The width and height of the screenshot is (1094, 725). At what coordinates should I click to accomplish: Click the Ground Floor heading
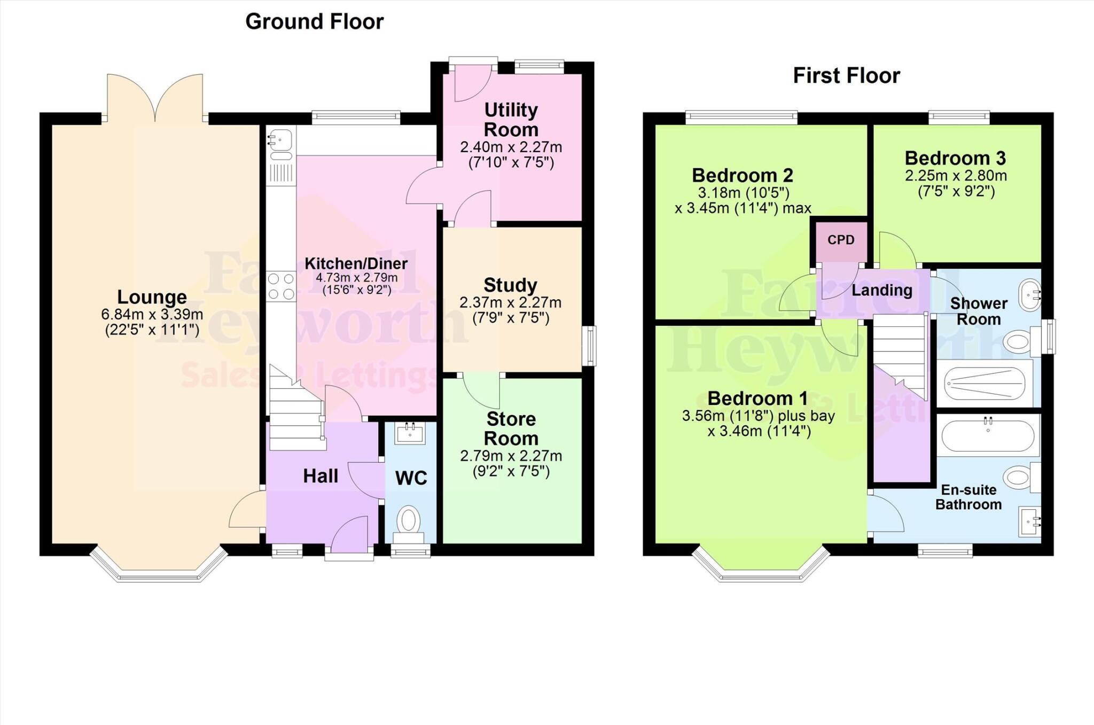point(314,22)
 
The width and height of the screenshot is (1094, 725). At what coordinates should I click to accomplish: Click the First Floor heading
point(846,75)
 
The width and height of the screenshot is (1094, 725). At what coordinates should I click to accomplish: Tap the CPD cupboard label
point(841,240)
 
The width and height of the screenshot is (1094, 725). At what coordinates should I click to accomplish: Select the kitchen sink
point(280,141)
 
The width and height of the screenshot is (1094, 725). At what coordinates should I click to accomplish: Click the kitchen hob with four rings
point(281,286)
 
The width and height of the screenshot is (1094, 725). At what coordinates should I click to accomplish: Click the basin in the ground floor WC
point(410,433)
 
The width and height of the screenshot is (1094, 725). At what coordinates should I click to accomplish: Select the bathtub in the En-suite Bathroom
point(988,435)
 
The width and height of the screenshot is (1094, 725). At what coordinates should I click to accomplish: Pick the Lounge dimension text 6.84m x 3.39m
point(152,315)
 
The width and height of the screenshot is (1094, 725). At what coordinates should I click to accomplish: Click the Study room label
point(510,285)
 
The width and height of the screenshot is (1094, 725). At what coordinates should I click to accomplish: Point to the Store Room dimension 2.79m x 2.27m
point(511,456)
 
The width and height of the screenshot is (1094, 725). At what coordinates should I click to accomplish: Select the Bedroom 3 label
point(955,158)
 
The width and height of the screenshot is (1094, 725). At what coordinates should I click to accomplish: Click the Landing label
point(881,290)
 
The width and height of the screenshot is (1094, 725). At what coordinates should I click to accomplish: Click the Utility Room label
point(511,120)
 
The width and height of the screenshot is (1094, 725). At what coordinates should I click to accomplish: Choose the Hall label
point(321,476)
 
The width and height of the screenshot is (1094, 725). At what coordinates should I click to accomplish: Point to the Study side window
point(590,346)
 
